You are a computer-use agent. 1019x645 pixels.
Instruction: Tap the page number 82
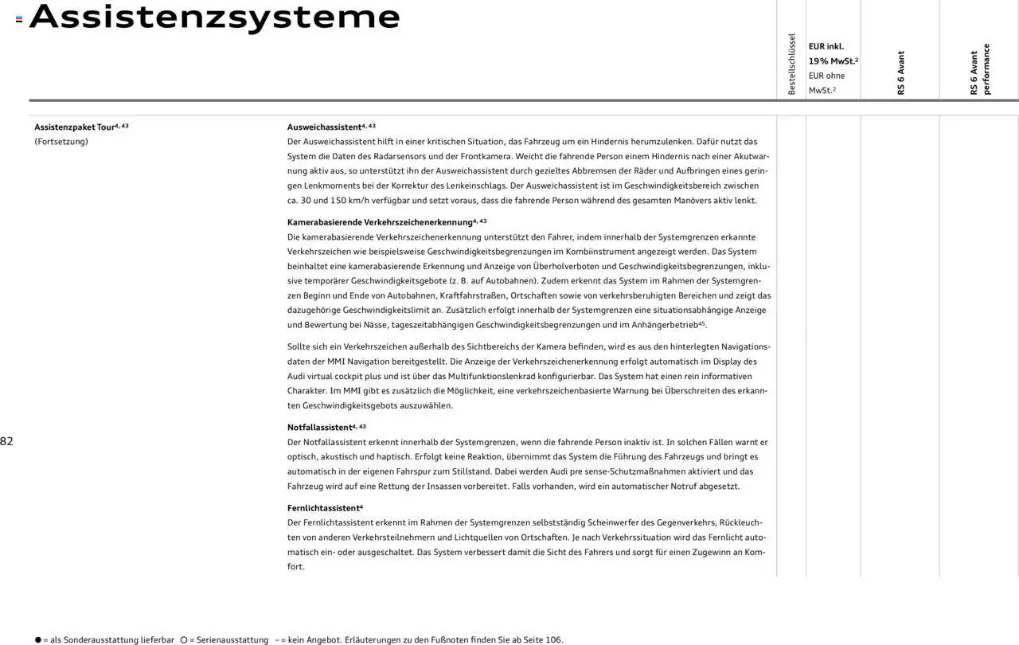[6, 442]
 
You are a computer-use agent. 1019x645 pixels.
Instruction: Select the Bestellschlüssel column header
[791, 64]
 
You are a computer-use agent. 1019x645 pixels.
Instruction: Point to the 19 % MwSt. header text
[833, 61]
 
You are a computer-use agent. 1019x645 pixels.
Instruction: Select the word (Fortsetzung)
[61, 142]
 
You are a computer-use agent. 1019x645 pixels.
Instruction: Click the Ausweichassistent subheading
[325, 127]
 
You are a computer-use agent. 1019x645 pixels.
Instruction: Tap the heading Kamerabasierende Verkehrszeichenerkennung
[380, 222]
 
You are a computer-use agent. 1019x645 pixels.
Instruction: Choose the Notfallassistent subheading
[319, 428]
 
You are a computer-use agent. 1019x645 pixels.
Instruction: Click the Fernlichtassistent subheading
[322, 508]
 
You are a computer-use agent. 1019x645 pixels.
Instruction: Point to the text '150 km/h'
[348, 201]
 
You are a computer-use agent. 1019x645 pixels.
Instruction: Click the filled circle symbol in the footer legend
[37, 640]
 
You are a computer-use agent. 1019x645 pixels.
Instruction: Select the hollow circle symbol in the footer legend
[184, 640]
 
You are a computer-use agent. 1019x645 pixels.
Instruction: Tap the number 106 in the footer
[554, 640]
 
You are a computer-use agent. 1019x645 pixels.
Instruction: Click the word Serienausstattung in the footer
[234, 640]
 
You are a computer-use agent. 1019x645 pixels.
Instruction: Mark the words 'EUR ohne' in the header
[826, 76]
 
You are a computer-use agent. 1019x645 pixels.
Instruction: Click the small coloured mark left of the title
[19, 19]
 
